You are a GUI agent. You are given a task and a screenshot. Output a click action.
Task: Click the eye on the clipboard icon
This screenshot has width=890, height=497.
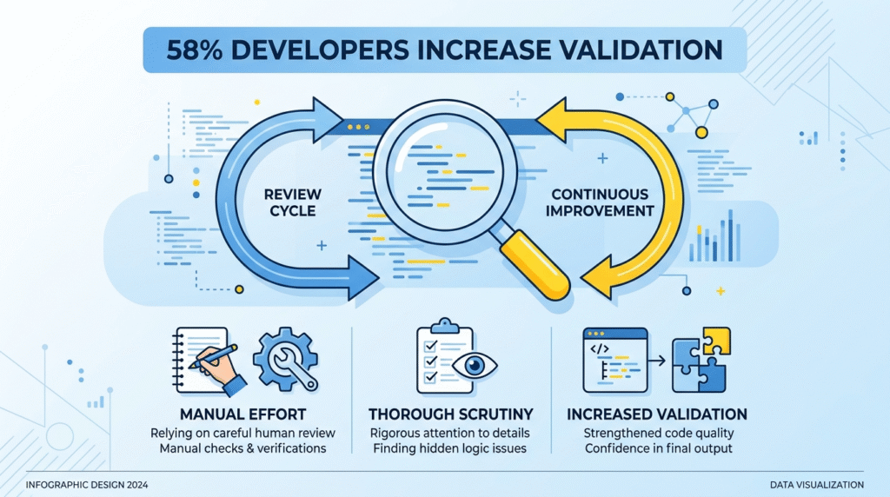(x=472, y=365)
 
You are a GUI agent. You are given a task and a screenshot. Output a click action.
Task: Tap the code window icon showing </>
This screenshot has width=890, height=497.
(x=615, y=358)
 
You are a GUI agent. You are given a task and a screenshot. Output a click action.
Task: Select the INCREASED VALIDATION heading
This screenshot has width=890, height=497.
(x=655, y=413)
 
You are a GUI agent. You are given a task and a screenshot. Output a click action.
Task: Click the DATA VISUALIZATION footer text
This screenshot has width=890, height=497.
(x=817, y=484)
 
